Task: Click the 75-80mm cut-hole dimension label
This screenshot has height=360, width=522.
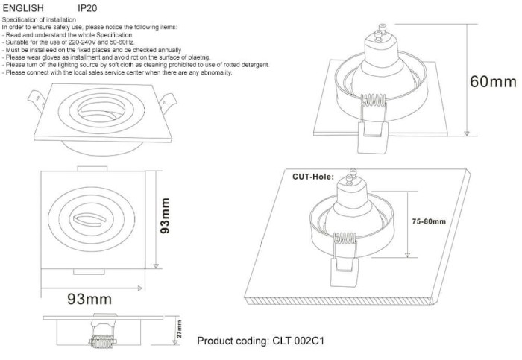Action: click(429, 222)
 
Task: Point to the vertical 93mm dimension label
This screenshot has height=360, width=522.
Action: click(166, 216)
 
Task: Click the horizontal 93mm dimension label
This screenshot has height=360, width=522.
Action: click(89, 300)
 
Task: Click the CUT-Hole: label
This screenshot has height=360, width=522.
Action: click(312, 177)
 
